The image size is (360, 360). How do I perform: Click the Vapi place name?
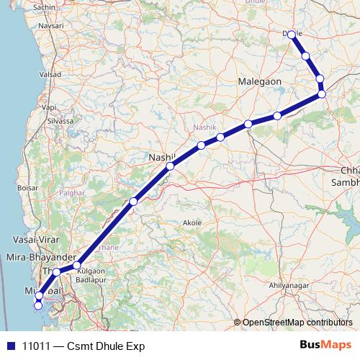pos(49,107)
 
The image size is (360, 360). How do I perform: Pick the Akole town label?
pos(192,223)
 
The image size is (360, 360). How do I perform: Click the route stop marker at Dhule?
pos(292,34)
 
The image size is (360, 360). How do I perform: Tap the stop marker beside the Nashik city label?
pos(170,166)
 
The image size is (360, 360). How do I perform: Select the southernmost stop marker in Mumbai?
pos(38,306)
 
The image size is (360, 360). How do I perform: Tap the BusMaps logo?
pos(325,346)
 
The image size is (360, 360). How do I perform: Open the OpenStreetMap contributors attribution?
pos(297,323)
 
